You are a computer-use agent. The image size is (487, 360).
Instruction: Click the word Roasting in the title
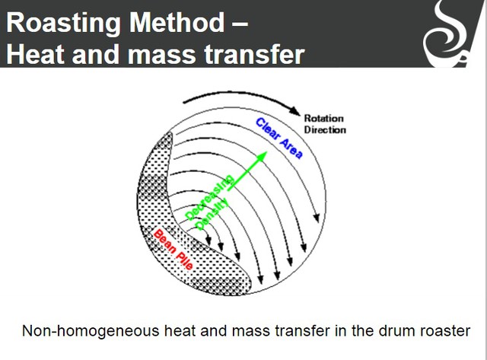63,23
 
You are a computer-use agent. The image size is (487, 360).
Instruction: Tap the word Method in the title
177,22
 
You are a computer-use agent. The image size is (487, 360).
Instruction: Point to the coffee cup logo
448,33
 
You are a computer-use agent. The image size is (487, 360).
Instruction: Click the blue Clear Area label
279,139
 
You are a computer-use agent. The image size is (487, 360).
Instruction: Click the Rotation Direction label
325,124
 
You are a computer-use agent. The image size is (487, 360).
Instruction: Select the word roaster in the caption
446,331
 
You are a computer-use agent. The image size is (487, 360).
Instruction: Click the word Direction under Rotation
325,129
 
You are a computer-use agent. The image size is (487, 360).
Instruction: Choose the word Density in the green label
213,215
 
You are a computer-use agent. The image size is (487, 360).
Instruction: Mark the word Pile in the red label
184,260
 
